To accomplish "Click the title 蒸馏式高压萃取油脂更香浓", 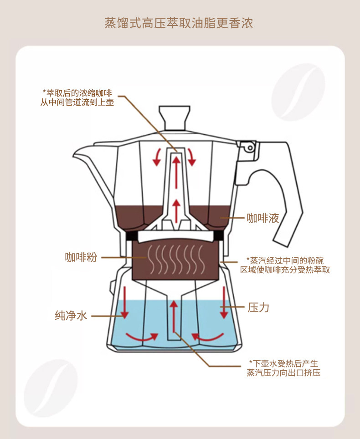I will click(179, 23).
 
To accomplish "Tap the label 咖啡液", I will click(262, 218).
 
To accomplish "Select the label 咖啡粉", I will click(81, 257).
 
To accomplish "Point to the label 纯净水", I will click(71, 315).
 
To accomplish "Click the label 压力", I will click(258, 308).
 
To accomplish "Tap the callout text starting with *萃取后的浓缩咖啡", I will click(77, 97).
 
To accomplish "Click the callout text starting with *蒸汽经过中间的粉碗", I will click(285, 265).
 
